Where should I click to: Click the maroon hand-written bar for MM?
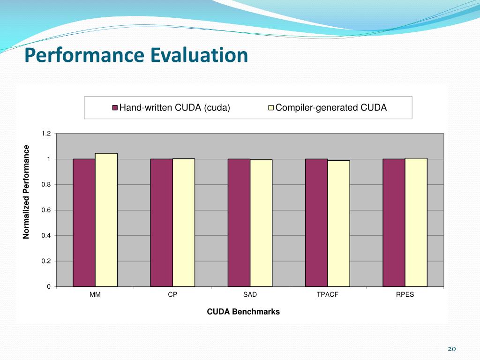[84, 223]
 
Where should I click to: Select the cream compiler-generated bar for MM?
[106, 220]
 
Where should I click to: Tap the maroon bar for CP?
[161, 223]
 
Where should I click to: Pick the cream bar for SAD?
[261, 223]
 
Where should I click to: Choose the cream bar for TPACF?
[338, 224]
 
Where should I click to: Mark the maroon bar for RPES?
[394, 223]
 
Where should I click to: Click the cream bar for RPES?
[416, 222]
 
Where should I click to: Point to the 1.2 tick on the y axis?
[46, 134]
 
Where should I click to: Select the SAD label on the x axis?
[250, 295]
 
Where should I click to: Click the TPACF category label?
[327, 295]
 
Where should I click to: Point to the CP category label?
[172, 295]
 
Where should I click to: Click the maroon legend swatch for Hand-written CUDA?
[115, 108]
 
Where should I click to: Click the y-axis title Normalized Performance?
[27, 192]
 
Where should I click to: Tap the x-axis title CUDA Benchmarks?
[243, 312]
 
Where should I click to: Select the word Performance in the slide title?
[85, 55]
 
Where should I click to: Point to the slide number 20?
[452, 349]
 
